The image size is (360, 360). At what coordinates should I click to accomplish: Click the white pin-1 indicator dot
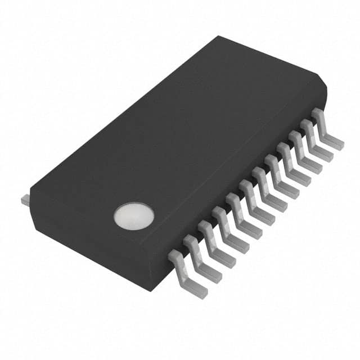pos(134,217)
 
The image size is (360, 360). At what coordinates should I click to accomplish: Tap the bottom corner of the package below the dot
pos(148,288)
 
